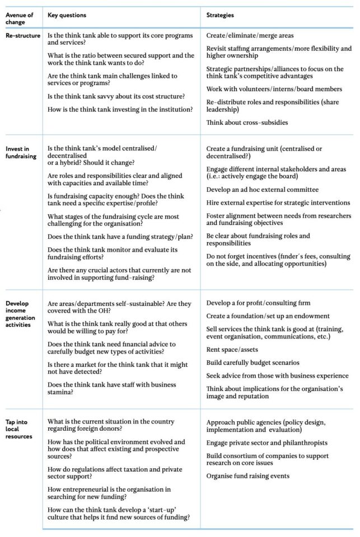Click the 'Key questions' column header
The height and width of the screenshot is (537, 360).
(67, 16)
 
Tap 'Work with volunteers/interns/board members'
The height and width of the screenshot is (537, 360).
(274, 89)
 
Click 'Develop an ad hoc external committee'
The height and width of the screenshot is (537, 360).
(263, 190)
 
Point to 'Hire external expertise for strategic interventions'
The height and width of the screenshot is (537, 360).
(278, 202)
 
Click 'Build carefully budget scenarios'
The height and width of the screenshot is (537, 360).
(253, 362)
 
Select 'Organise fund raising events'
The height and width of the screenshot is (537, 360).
(247, 475)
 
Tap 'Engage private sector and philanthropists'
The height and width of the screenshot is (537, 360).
(267, 442)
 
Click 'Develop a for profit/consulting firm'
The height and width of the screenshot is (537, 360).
(258, 303)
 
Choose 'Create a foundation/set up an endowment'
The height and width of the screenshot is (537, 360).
(268, 316)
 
